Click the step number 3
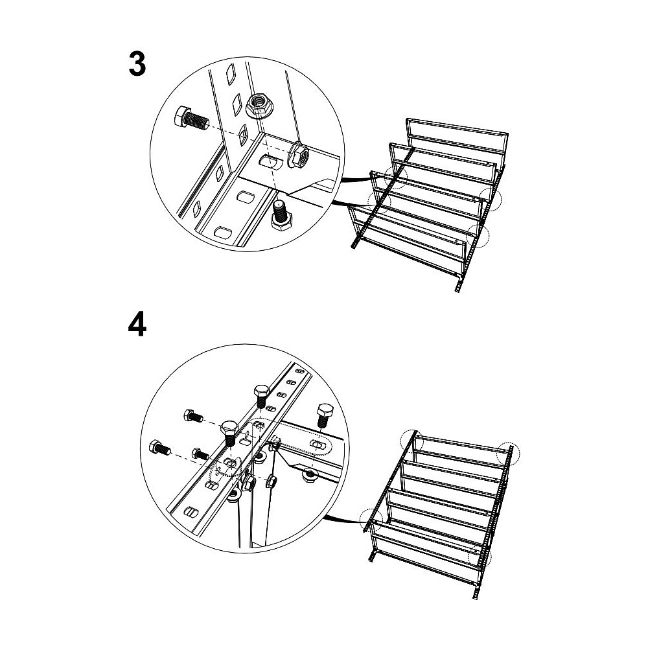(x=137, y=65)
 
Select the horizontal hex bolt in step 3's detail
(x=192, y=119)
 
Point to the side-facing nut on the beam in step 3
(x=298, y=155)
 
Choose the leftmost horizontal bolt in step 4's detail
(x=159, y=448)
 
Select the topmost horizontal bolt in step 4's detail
(x=193, y=416)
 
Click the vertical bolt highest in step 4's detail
(x=261, y=396)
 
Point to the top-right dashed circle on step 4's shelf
(x=508, y=454)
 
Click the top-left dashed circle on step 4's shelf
(x=412, y=442)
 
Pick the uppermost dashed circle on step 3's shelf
(x=396, y=178)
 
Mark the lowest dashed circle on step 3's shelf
(x=478, y=236)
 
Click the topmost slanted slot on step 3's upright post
(x=230, y=75)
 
